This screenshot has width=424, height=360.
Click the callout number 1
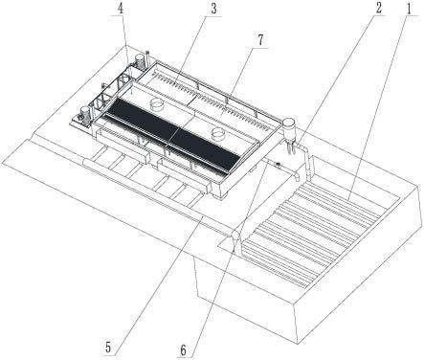[x=410, y=9]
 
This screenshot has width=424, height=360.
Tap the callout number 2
[x=378, y=8]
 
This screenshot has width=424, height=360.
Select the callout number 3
[x=213, y=9]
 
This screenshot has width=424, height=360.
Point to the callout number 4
[x=121, y=9]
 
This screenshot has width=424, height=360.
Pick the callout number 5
[x=108, y=348]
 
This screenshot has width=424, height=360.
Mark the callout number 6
[x=183, y=350]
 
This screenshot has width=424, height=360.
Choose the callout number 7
[x=260, y=40]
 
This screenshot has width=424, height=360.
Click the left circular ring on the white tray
[x=157, y=102]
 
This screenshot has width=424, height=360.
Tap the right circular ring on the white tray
[x=218, y=133]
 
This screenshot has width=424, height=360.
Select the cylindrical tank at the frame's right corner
[x=290, y=129]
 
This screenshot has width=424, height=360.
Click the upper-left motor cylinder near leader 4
[x=140, y=60]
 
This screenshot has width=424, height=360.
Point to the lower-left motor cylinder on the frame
[x=85, y=114]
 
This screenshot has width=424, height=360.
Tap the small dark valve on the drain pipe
[x=278, y=165]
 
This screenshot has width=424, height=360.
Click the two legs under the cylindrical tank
[x=291, y=147]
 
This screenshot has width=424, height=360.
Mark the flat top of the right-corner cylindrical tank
[x=290, y=122]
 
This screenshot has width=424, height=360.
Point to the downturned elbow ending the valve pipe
[x=297, y=176]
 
